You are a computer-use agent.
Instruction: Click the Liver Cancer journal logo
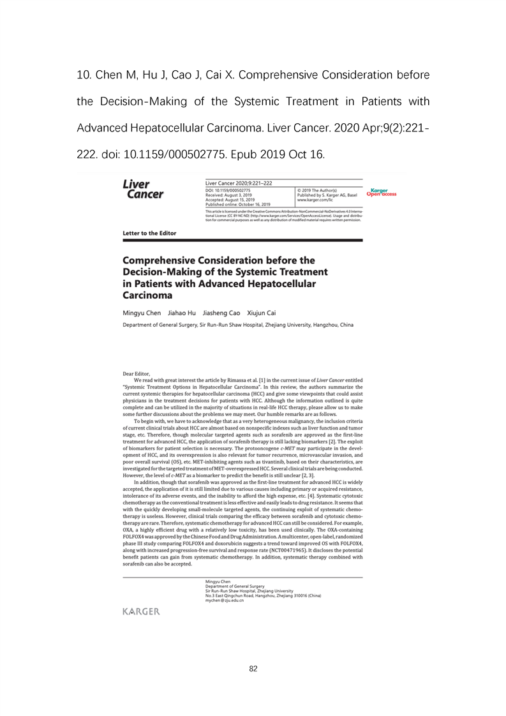(x=142, y=190)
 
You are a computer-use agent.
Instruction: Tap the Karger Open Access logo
(x=382, y=192)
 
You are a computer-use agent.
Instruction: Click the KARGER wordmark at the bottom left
(x=141, y=612)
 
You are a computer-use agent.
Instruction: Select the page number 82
(x=253, y=668)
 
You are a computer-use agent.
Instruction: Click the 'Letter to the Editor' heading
(x=149, y=233)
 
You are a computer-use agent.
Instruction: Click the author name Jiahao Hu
(x=182, y=313)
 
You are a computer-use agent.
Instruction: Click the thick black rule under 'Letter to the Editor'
(x=242, y=240)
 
